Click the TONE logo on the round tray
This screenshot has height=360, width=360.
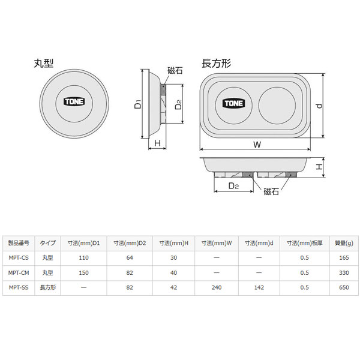coord(74,101)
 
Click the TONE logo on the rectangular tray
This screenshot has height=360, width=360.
coord(233,103)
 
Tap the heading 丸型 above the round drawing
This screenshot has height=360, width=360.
coord(44,64)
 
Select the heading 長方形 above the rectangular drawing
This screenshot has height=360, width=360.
coord(216,64)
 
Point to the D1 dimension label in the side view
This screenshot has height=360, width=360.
coord(138,104)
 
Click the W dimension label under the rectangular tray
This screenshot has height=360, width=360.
coord(257,145)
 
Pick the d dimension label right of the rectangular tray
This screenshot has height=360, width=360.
coord(319,106)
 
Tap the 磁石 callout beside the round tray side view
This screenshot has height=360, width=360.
coord(175,70)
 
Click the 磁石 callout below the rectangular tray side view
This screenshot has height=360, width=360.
coord(271,191)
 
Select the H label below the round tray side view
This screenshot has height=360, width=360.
coord(157,143)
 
